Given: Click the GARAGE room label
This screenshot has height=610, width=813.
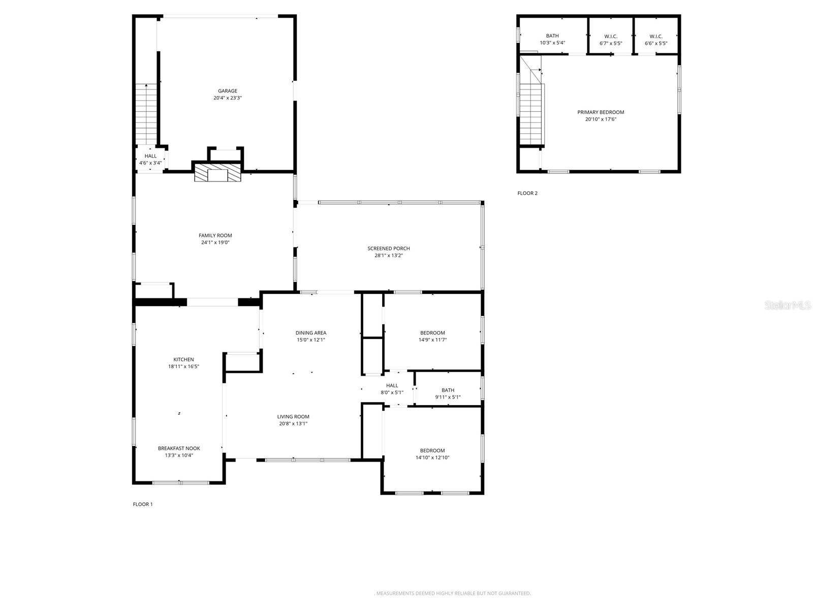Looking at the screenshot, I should coord(228,91).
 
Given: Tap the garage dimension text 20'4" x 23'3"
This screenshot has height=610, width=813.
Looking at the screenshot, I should coord(228,98).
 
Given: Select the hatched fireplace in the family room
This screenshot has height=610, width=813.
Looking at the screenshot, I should coord(217,173).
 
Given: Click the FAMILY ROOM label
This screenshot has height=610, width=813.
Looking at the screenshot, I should coord(215,235).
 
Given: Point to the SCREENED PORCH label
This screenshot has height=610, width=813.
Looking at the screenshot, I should coord(389,249).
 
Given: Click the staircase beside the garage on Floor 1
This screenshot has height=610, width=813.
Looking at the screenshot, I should coord(146,114).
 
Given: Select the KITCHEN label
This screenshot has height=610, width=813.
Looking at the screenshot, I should coord(183,359).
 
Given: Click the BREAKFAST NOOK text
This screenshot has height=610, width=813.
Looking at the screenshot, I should coord(179,448).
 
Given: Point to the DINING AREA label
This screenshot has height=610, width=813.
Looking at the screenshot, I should coord(311,333).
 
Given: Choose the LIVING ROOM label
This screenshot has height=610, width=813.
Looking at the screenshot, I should coord(293,416).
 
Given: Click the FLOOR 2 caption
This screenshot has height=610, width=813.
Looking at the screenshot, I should coord(527,193).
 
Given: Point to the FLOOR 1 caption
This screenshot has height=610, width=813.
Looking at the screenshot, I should coord(143,504).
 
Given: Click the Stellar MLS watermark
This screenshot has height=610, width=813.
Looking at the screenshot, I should coord(788,305).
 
